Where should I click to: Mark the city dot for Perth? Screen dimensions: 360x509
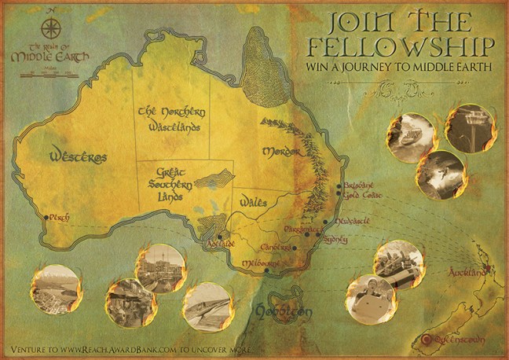pyautogui.click(x=44, y=212)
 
